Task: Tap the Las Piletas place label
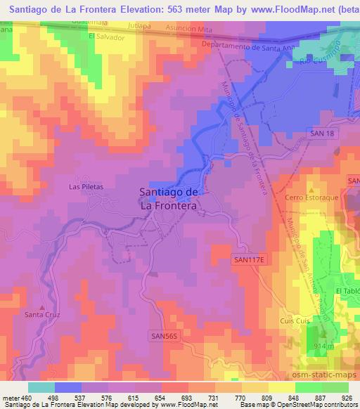click(x=86, y=187)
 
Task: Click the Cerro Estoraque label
click(x=308, y=197)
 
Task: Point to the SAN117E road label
click(x=250, y=259)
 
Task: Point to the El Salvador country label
click(x=107, y=37)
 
